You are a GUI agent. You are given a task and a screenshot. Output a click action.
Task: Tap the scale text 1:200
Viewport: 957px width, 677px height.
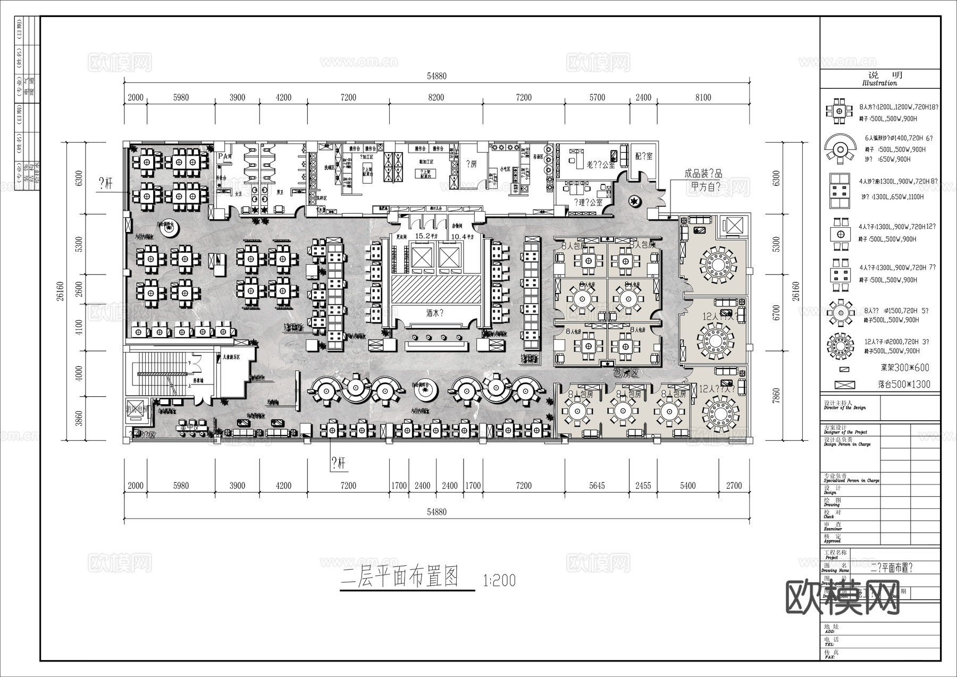[499, 580]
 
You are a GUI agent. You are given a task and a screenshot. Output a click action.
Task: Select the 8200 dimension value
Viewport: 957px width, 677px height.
[436, 97]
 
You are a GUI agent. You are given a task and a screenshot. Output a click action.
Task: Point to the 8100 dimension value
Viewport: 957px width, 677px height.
[703, 97]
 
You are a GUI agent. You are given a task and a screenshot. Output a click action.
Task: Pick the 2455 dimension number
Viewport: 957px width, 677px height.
[643, 486]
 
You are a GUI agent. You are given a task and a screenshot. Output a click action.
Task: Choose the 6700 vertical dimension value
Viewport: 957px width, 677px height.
[776, 313]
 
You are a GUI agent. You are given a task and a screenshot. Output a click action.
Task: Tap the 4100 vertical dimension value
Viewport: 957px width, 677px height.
[79, 327]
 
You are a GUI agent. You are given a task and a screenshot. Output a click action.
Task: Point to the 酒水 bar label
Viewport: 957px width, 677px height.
[434, 313]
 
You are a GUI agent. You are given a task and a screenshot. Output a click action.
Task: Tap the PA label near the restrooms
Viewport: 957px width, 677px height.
[224, 156]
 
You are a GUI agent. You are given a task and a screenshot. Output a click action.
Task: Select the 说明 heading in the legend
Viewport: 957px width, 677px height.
[879, 76]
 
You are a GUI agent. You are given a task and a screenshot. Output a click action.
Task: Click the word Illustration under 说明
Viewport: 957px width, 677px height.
[879, 83]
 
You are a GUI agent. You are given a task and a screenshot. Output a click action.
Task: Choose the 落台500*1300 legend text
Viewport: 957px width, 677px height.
[904, 384]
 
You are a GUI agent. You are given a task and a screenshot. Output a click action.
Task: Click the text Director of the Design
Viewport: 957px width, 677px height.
[845, 408]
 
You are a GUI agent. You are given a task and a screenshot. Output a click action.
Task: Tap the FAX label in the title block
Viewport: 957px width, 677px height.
[829, 657]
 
